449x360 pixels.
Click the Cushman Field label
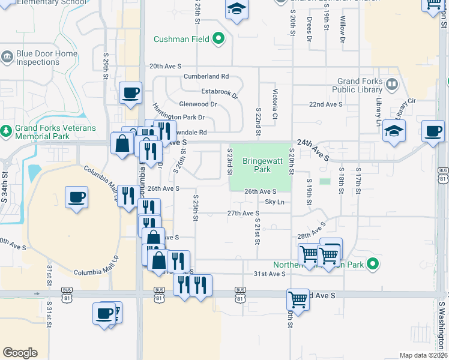pos(181,40)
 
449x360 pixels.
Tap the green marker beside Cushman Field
pos(219,40)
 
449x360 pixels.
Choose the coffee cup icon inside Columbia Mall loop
pos(77,197)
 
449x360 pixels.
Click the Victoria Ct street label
pos(275,103)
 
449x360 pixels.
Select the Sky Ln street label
pos(274,202)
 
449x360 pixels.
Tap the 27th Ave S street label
pos(243,214)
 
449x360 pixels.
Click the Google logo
pos(20,353)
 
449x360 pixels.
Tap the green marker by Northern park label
pos(373,263)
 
